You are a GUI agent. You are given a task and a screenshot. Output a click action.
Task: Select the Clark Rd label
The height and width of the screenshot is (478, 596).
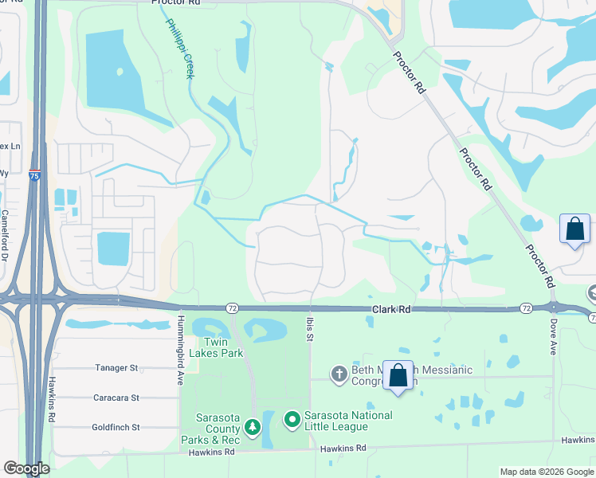(389, 308)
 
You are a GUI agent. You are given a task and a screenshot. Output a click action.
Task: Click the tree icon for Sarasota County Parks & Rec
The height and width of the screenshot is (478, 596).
(252, 429)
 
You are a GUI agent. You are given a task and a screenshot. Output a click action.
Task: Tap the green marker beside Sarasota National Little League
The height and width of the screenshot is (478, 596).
(292, 418)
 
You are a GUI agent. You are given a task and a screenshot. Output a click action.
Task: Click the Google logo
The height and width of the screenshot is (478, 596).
(25, 468)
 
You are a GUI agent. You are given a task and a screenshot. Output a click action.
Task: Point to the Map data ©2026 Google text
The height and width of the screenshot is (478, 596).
(545, 472)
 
